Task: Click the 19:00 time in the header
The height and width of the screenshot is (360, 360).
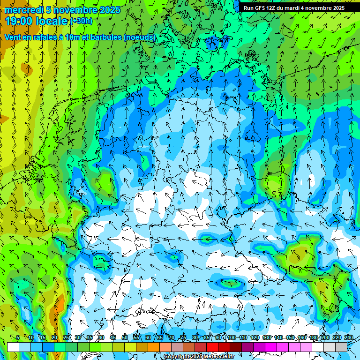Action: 20,21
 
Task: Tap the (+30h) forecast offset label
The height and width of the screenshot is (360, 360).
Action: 81,21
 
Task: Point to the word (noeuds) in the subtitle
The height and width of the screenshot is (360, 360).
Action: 140,37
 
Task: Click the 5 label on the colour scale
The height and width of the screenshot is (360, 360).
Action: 18,337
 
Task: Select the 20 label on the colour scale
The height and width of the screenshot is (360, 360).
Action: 54,337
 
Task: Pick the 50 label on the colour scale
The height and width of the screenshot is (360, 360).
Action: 125,337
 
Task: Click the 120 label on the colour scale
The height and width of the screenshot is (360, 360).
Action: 255,337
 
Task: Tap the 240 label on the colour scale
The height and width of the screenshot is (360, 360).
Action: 348,337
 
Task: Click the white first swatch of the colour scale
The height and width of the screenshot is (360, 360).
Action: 13,347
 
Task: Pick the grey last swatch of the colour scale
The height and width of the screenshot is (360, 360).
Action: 341,347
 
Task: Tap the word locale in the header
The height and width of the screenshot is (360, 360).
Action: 52,21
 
